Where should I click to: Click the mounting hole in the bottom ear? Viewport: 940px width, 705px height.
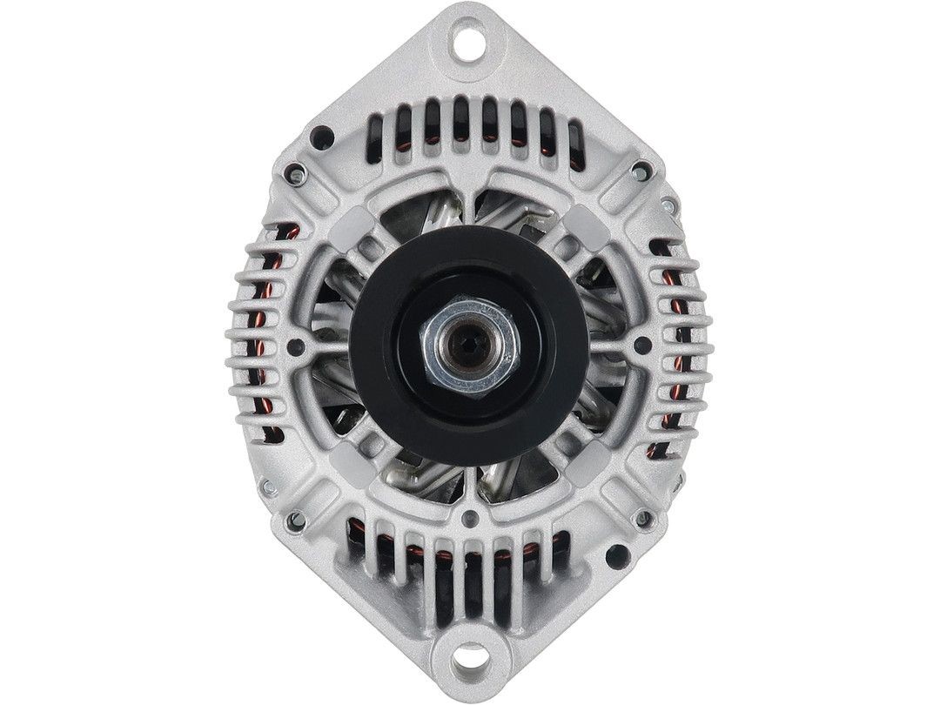point(470,660)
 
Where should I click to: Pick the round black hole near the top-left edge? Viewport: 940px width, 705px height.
point(322,135)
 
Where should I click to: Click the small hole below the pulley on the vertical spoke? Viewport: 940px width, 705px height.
point(470,520)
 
